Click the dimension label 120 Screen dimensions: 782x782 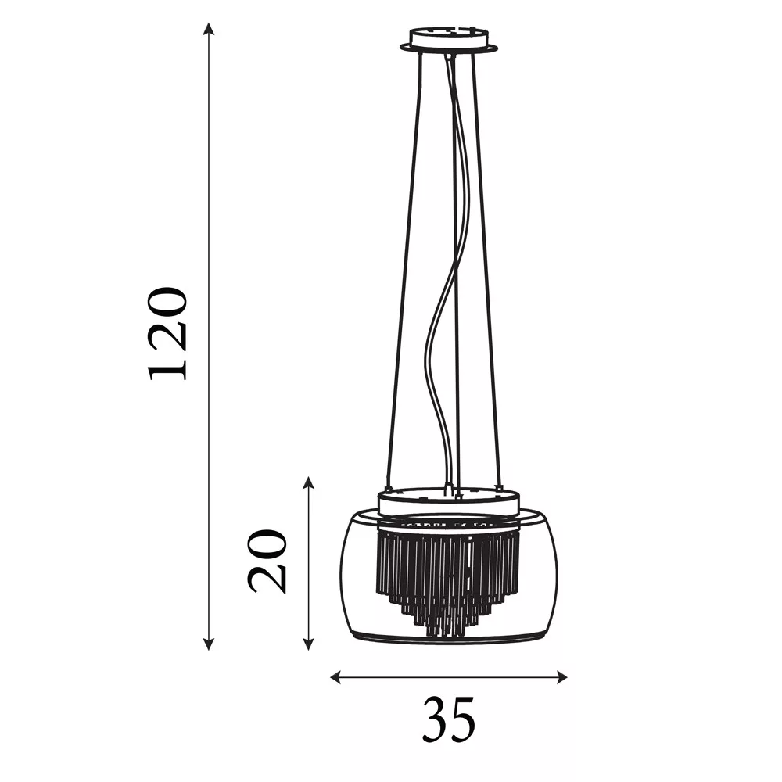pos(167,334)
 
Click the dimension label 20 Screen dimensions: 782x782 pos(267,561)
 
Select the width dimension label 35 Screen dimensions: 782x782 pos(449,719)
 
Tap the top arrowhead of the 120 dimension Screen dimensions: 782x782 pos(210,29)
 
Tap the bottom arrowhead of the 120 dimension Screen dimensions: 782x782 pos(210,644)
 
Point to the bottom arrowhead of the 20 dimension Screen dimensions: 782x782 pos(309,644)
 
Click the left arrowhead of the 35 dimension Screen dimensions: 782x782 pos(336,676)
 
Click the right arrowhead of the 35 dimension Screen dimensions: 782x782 pos(561,676)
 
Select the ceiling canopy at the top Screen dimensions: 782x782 pos(449,40)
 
